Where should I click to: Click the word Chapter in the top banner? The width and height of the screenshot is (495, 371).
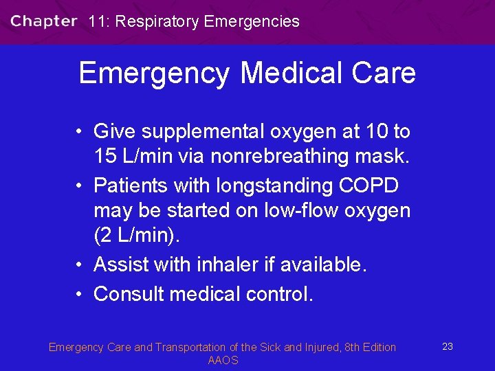click(43, 21)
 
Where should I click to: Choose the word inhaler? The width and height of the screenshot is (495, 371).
click(224, 265)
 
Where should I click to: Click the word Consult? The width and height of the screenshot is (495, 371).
click(129, 294)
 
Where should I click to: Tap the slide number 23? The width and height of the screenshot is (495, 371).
click(448, 346)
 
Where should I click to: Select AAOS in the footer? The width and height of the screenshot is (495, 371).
click(223, 361)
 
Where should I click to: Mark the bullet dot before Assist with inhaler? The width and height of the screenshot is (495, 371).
click(80, 265)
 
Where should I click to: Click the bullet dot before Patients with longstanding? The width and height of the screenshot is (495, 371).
click(80, 185)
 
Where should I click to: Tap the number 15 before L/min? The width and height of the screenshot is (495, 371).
click(105, 157)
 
